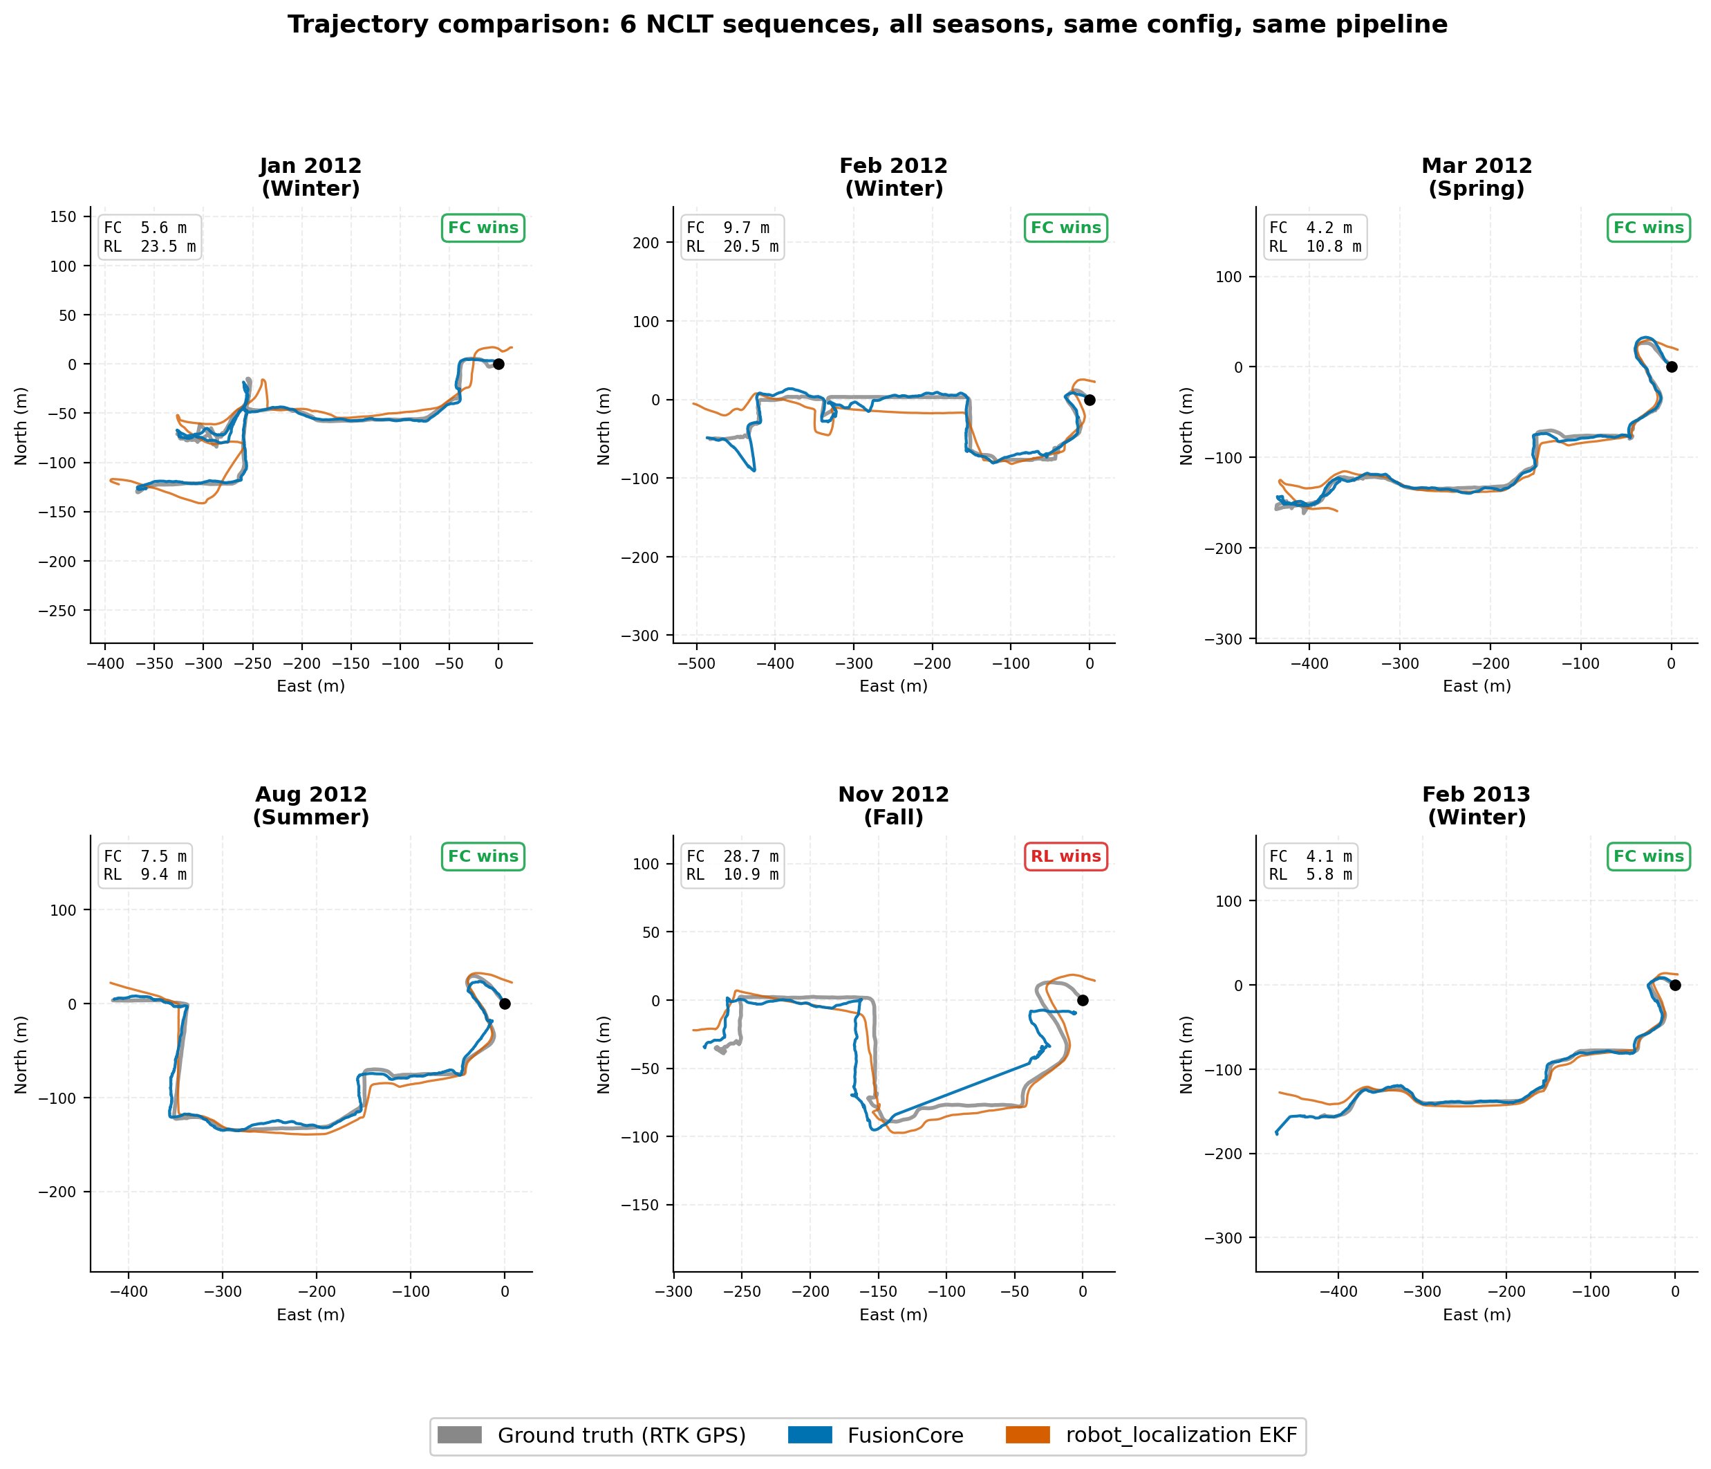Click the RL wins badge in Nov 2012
click(x=1065, y=857)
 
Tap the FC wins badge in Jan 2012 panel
click(x=483, y=228)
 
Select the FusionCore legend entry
click(x=875, y=1435)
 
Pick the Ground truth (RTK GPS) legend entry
click(x=591, y=1435)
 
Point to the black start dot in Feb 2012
click(x=1090, y=400)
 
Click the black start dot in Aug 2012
click(x=505, y=1004)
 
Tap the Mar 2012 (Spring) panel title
click(x=1477, y=178)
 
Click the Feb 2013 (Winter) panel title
click(x=1477, y=806)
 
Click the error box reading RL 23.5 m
click(x=149, y=237)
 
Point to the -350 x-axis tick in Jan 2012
click(x=154, y=663)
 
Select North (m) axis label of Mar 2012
click(x=1186, y=425)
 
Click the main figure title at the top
click(x=867, y=25)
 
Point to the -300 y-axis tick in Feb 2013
click(x=1228, y=1238)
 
